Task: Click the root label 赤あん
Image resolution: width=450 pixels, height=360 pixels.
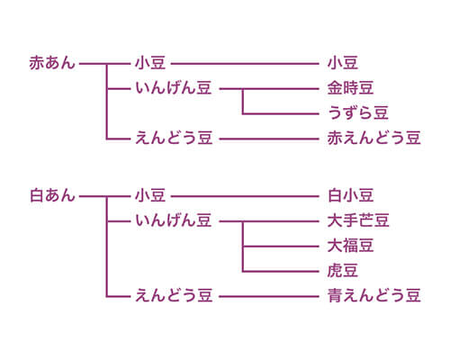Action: point(52,63)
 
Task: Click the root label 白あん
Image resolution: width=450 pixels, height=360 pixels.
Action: point(52,195)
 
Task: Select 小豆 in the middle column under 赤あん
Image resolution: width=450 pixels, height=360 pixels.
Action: point(150,63)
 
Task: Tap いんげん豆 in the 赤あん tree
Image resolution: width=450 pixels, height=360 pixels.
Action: point(174,88)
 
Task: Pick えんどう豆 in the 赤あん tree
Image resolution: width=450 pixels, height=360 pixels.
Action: point(174,138)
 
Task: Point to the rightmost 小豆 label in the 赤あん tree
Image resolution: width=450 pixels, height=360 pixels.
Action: point(343,63)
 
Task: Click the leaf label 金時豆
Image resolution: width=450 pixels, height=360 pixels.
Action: point(350,88)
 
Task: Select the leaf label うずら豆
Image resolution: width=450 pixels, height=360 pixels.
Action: point(358,113)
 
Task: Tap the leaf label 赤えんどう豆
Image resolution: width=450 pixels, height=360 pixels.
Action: point(373,138)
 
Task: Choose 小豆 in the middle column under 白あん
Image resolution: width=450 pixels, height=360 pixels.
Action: point(150,195)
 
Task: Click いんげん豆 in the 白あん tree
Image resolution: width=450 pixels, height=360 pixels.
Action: point(174,220)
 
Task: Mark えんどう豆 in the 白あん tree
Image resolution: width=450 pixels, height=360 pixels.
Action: point(174,295)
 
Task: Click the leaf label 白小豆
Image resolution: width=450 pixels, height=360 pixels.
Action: point(350,195)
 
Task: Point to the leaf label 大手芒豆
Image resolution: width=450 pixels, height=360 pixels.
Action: point(358,220)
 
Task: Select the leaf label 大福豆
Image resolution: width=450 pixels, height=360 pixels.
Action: point(350,246)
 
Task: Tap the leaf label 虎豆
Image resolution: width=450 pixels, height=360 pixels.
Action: point(343,271)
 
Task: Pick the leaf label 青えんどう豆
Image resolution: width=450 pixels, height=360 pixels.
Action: point(373,295)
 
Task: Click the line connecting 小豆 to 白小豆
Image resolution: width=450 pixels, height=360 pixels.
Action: point(245,196)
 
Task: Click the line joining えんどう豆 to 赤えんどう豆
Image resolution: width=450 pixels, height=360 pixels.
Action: point(269,139)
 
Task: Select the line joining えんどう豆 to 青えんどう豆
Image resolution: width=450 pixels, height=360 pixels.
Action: point(269,297)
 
